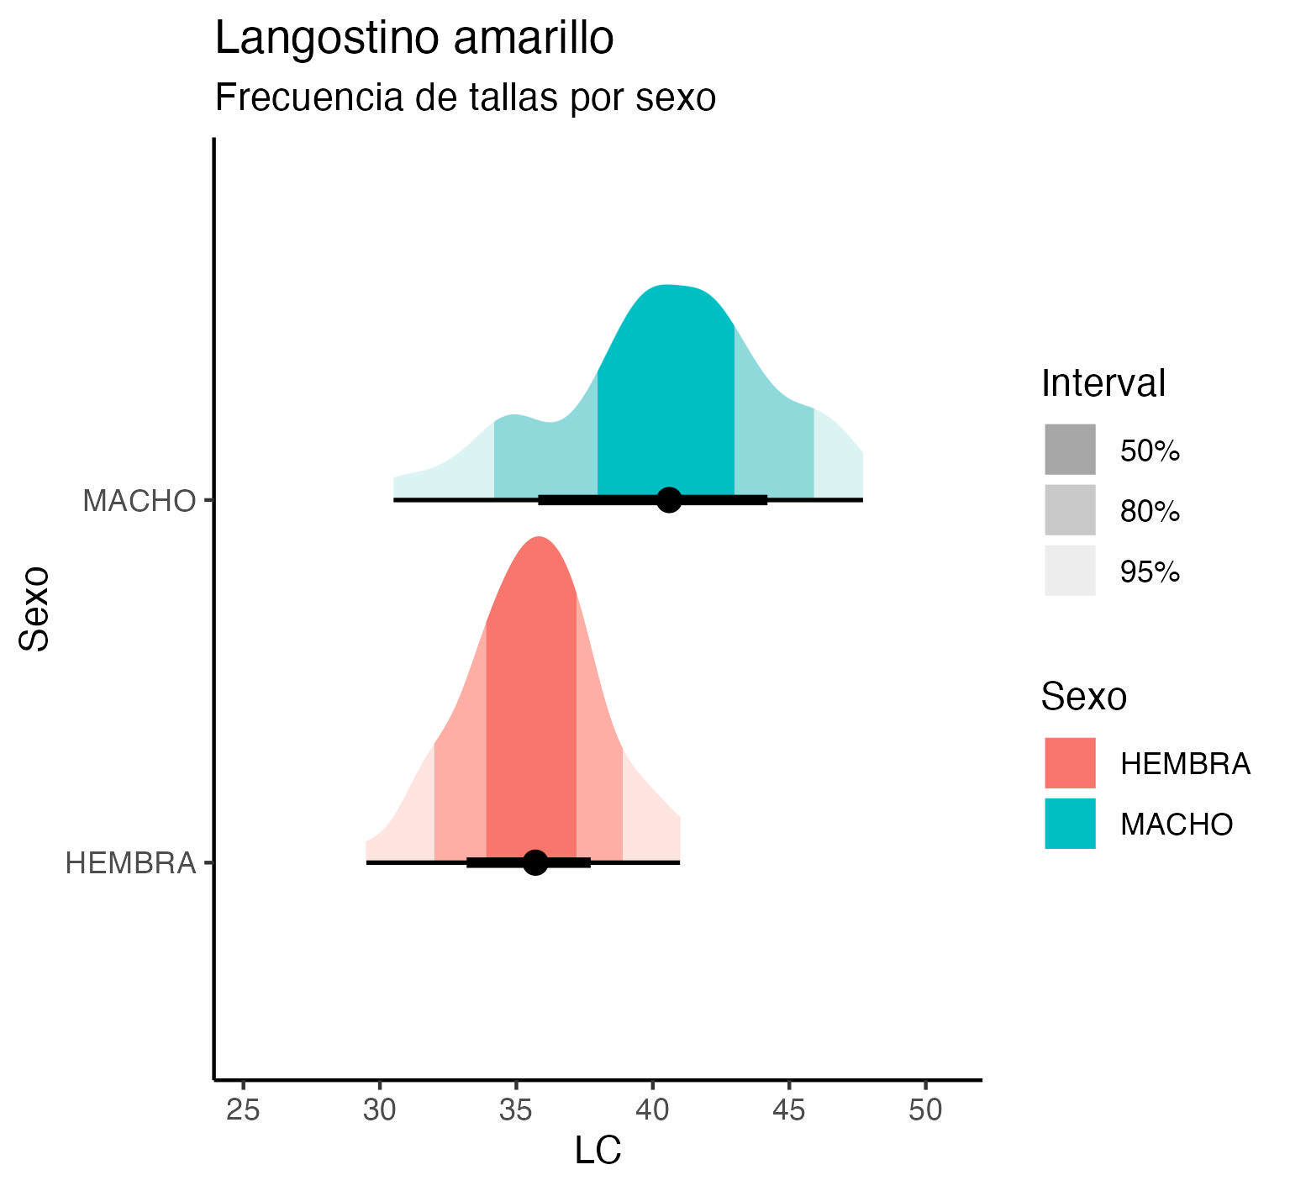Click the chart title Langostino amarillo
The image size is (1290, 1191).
(x=414, y=40)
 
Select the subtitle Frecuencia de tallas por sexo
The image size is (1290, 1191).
(x=466, y=98)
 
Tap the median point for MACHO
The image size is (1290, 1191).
(x=669, y=500)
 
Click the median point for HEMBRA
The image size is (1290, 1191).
(x=535, y=862)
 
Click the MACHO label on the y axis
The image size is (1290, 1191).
(x=139, y=502)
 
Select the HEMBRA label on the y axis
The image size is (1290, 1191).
(x=130, y=863)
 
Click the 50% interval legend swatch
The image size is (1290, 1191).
(x=1070, y=450)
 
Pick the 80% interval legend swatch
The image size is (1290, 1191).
(x=1070, y=510)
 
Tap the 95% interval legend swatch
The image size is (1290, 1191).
(x=1070, y=571)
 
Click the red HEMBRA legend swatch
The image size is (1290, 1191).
(x=1070, y=763)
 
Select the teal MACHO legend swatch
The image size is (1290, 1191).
(x=1070, y=824)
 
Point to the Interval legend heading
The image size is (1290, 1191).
(x=1103, y=384)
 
